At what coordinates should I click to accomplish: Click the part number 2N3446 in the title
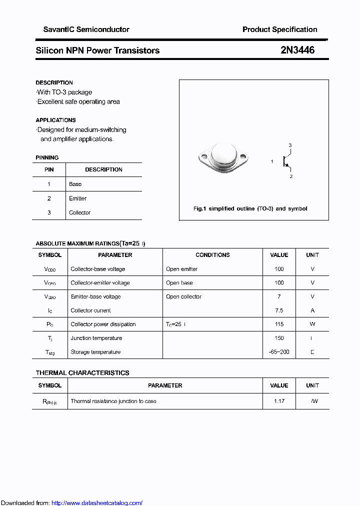297,50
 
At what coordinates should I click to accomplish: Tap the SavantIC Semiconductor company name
86,29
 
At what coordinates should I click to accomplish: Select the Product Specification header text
279,29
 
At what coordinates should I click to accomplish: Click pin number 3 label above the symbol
290,145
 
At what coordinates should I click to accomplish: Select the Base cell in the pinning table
75,184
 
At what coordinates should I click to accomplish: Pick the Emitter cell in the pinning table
78,198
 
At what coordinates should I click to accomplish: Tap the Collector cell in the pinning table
80,212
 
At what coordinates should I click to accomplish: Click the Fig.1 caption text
250,208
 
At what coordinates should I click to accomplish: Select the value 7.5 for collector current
279,310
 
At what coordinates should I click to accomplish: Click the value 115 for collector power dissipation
279,324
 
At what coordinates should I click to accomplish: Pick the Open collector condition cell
184,296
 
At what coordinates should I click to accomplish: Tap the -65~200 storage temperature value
279,352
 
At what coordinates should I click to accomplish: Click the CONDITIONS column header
212,255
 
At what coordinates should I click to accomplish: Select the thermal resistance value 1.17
279,401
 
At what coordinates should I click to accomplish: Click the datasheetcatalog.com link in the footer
97,503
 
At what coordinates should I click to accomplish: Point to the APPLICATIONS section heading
56,120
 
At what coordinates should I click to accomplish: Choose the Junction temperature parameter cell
96,338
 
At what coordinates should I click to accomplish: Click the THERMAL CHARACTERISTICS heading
82,373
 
